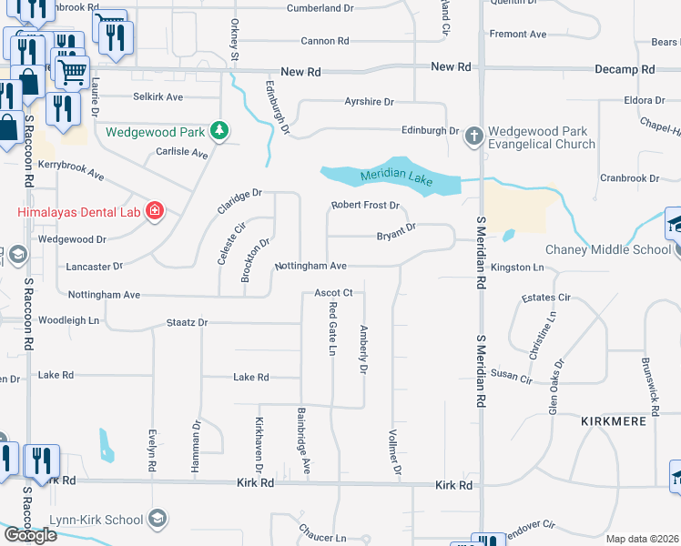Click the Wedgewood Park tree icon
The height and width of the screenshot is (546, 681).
tap(219, 131)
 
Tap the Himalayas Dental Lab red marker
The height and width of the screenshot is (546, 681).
tap(154, 211)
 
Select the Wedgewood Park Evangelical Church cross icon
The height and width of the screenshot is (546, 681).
tap(473, 136)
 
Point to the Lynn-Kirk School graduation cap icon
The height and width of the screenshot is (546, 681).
tap(158, 520)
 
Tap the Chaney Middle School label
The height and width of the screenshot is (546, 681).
tap(608, 250)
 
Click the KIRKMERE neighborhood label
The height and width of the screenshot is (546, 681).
tap(614, 421)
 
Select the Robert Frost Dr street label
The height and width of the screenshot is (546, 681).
tap(365, 206)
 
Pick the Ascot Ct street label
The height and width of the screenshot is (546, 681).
tap(333, 293)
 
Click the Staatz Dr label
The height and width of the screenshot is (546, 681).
tap(188, 322)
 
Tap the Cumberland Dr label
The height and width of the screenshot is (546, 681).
tap(320, 8)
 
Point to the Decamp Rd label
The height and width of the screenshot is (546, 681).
tap(625, 69)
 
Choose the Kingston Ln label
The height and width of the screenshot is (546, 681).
tap(516, 268)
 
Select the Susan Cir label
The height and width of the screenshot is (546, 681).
tap(511, 376)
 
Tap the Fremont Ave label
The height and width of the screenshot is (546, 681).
tap(518, 35)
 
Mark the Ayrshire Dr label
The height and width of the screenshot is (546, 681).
tap(369, 103)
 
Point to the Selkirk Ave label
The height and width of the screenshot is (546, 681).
tap(158, 96)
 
